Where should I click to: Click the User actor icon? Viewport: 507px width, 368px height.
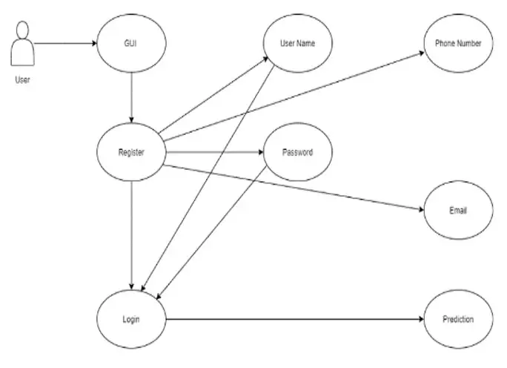[x=21, y=46]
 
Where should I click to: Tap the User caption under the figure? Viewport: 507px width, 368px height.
[x=22, y=79]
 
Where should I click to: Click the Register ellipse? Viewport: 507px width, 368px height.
[x=132, y=153]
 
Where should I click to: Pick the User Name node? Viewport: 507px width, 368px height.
[x=297, y=43]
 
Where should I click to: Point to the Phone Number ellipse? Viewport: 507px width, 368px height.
[x=458, y=43]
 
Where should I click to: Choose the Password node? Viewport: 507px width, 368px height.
[x=297, y=153]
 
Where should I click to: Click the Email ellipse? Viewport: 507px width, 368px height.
[x=458, y=211]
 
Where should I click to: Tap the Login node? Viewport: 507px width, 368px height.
[x=132, y=320]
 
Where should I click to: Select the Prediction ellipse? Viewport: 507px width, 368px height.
[x=458, y=320]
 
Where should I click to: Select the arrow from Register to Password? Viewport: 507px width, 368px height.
[x=215, y=153]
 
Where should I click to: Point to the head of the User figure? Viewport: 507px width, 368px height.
[x=23, y=30]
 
